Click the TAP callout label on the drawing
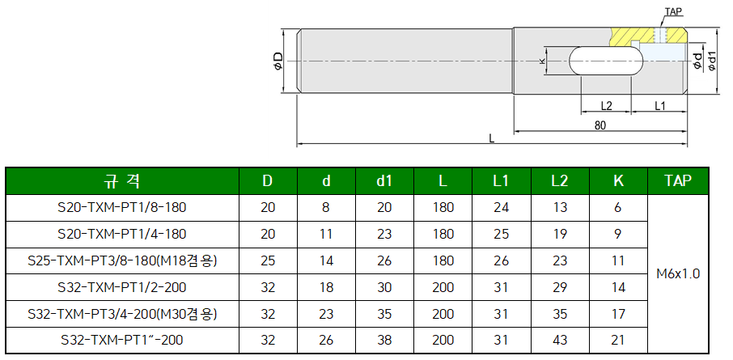(x=673, y=13)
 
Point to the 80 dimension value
(x=600, y=125)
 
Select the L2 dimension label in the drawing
(x=606, y=106)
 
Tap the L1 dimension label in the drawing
(x=659, y=106)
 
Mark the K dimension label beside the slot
(x=543, y=61)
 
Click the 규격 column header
(x=122, y=180)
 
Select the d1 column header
(x=384, y=180)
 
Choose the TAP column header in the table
(x=678, y=180)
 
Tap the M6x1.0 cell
(x=678, y=273)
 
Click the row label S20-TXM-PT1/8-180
(x=122, y=207)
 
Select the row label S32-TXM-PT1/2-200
(x=122, y=286)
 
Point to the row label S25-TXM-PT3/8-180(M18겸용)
(x=122, y=260)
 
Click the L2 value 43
(x=559, y=340)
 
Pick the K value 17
(x=618, y=313)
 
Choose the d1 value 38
(x=384, y=340)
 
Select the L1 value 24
(x=501, y=207)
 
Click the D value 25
(x=268, y=260)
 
